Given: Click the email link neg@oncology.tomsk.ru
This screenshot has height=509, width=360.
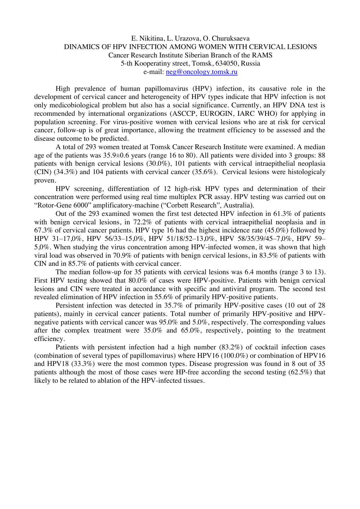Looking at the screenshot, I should click(x=202, y=72).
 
